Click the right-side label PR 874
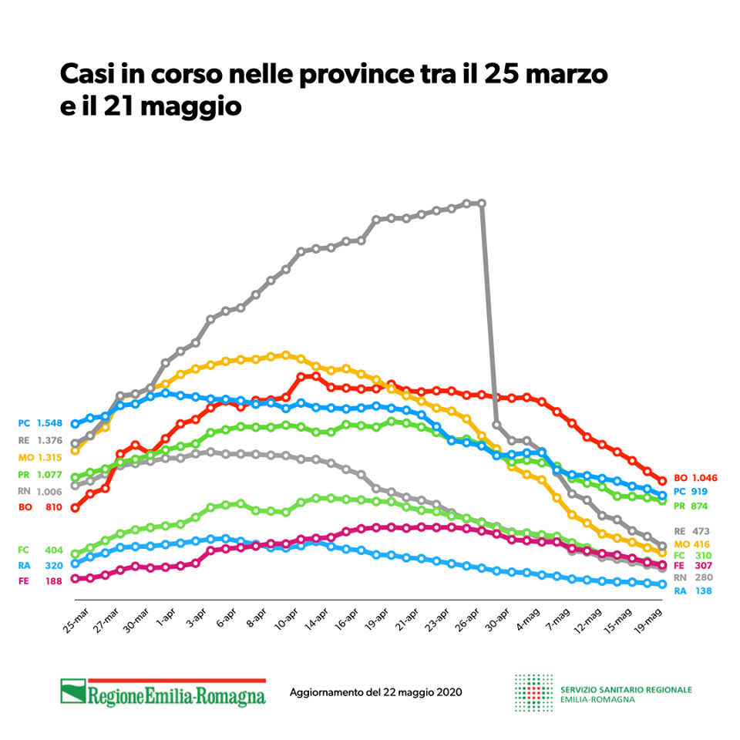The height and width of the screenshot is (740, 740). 691,506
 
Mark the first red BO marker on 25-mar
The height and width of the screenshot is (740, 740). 75,508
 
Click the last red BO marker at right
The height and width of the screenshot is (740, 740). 661,481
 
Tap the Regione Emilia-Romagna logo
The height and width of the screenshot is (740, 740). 163,692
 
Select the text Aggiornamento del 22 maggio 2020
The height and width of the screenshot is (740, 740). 375,692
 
